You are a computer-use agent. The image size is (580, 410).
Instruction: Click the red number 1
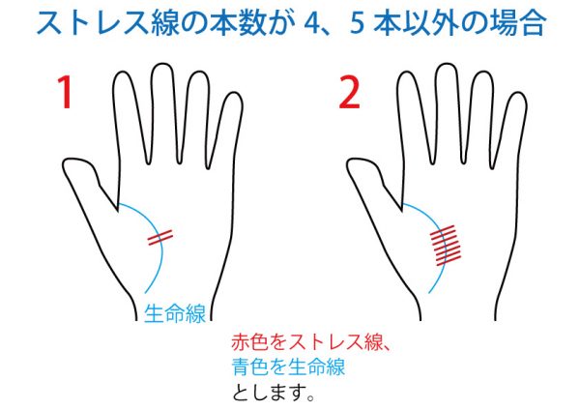pos(65,92)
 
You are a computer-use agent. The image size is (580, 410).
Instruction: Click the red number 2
pos(349,93)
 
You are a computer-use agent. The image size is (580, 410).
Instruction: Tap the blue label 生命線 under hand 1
pos(175,314)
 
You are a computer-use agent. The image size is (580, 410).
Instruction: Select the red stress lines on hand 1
pos(160,238)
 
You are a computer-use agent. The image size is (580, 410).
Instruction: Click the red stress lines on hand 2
pos(446,246)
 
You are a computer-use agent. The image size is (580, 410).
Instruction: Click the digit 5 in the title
pos(357,24)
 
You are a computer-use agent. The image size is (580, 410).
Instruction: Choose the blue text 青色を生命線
pos(288,366)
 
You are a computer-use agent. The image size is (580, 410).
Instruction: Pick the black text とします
pos(269,392)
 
